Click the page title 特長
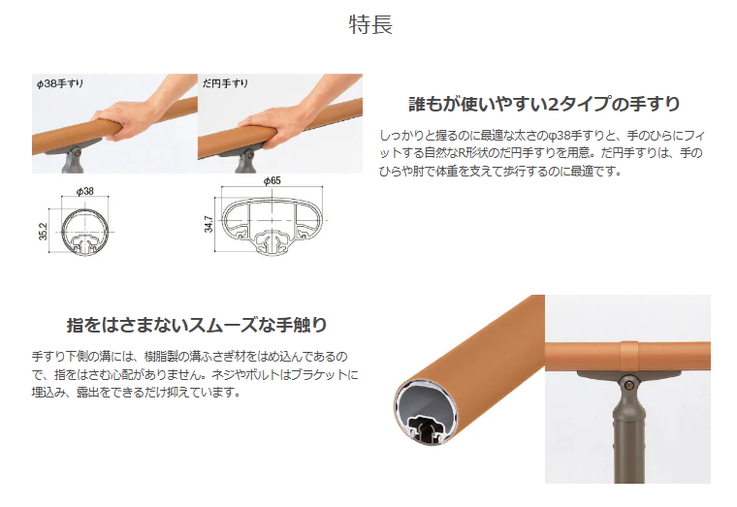[x=369, y=25]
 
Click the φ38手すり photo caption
[x=60, y=83]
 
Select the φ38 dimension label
[x=83, y=192]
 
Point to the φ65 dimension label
[x=272, y=180]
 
